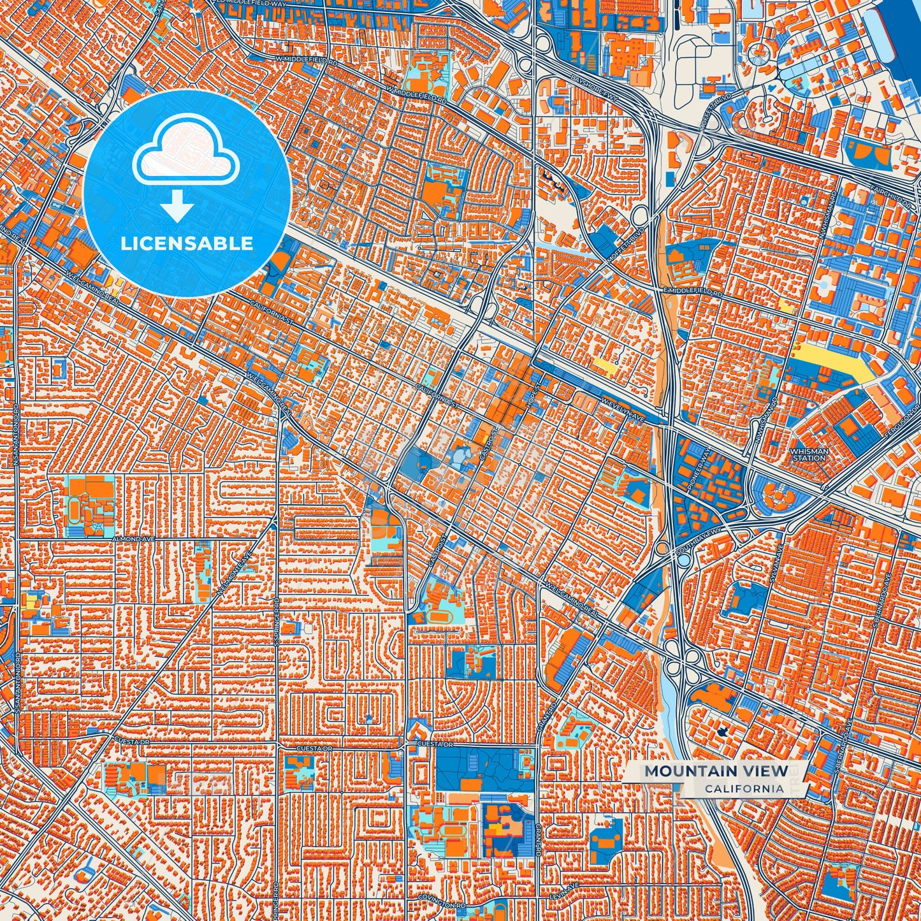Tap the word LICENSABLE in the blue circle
[x=187, y=243]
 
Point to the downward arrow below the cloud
[x=178, y=208]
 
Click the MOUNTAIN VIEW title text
[x=716, y=771]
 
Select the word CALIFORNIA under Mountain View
[x=744, y=788]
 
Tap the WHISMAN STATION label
[x=809, y=454]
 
